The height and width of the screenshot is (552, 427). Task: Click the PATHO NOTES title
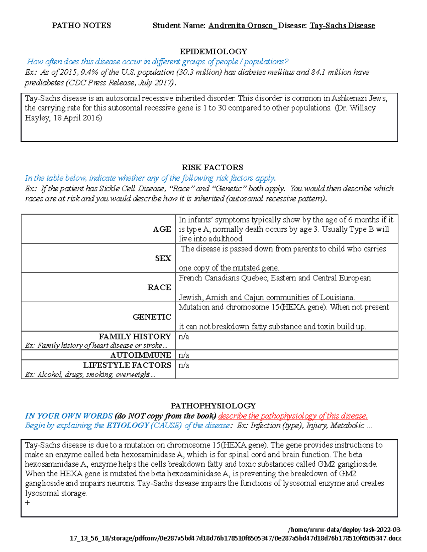coord(81,26)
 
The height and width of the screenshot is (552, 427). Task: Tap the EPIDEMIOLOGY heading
coord(213,52)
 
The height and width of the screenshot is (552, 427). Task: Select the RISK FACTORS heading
coord(212,167)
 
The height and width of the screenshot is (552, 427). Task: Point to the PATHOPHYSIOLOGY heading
coord(213,406)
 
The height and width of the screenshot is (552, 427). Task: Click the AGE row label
coord(162,229)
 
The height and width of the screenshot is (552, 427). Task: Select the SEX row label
coord(163,258)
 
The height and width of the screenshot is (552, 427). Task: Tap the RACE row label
coord(159,287)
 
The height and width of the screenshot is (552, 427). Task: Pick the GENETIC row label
coord(152,317)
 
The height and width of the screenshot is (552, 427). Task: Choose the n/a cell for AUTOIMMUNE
coord(184,355)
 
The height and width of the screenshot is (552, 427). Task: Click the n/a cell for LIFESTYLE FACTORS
coord(184,365)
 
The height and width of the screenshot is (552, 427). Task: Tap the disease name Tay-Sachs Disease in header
coord(342,26)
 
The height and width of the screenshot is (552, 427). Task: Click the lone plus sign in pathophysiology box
coord(27,503)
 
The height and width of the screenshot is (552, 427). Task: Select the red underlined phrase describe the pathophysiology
coord(292,416)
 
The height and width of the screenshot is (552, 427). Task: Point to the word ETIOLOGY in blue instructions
coord(127,425)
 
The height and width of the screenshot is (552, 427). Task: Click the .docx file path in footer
coord(236,538)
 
